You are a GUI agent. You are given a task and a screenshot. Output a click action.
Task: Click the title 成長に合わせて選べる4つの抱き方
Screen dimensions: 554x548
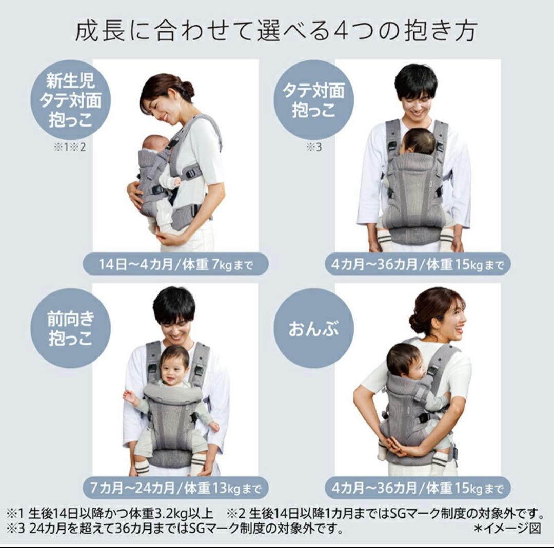click(x=276, y=31)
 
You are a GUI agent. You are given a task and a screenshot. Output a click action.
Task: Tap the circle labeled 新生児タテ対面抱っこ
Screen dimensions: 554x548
click(x=70, y=100)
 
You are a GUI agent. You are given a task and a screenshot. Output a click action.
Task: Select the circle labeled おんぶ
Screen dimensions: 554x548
click(x=314, y=328)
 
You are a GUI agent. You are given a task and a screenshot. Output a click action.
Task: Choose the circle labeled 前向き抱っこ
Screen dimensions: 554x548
click(x=70, y=328)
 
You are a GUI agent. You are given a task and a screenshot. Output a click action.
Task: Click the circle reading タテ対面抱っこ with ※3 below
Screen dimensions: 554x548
click(x=314, y=100)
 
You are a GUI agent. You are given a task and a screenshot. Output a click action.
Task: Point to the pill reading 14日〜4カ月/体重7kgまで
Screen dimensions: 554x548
click(x=175, y=264)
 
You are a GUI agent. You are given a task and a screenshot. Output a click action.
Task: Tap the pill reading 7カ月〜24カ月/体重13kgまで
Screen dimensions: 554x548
click(x=175, y=488)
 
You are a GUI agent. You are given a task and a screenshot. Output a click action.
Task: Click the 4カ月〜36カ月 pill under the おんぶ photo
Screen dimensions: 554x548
click(x=418, y=488)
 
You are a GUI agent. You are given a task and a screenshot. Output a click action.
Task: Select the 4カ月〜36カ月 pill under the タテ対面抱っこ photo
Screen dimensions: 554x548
click(x=418, y=264)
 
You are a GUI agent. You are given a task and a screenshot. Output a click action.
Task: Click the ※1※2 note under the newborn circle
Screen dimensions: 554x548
click(x=70, y=147)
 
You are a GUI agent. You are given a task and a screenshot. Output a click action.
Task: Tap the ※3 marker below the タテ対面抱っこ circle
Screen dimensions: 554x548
click(x=314, y=147)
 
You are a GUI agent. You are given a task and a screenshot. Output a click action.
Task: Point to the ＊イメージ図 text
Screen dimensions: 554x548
click(x=508, y=528)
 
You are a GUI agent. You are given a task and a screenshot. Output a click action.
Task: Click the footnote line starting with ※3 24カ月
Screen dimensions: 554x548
click(x=175, y=528)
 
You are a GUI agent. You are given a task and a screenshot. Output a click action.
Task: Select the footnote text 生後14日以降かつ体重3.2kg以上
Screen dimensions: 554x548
click(x=121, y=513)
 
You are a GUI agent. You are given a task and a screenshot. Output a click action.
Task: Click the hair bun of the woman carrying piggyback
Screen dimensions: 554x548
click(x=415, y=322)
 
